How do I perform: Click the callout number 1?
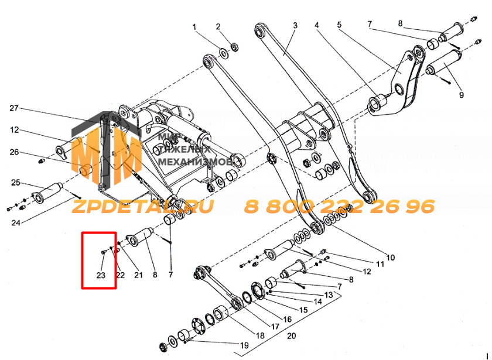[194, 27]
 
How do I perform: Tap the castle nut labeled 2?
[234, 47]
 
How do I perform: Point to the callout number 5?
[339, 25]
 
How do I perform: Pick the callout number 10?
[390, 258]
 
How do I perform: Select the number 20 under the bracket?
[292, 336]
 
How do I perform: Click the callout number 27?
[14, 108]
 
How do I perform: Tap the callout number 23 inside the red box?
[101, 275]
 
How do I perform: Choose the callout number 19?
[244, 345]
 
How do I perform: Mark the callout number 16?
[288, 320]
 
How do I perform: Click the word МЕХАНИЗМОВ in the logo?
[195, 162]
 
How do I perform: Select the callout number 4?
[317, 25]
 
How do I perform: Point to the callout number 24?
[16, 222]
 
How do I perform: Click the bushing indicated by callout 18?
[221, 314]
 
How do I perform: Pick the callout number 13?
[329, 295]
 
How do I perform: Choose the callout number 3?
[295, 25]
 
